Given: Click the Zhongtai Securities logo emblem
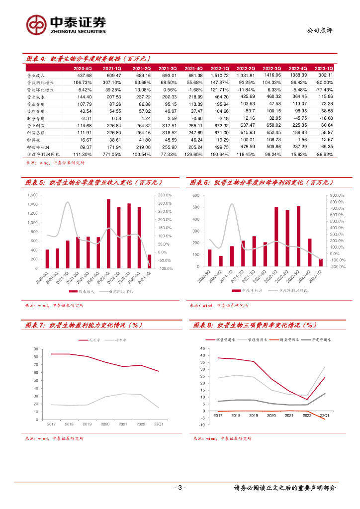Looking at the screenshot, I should tap(36, 24).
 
